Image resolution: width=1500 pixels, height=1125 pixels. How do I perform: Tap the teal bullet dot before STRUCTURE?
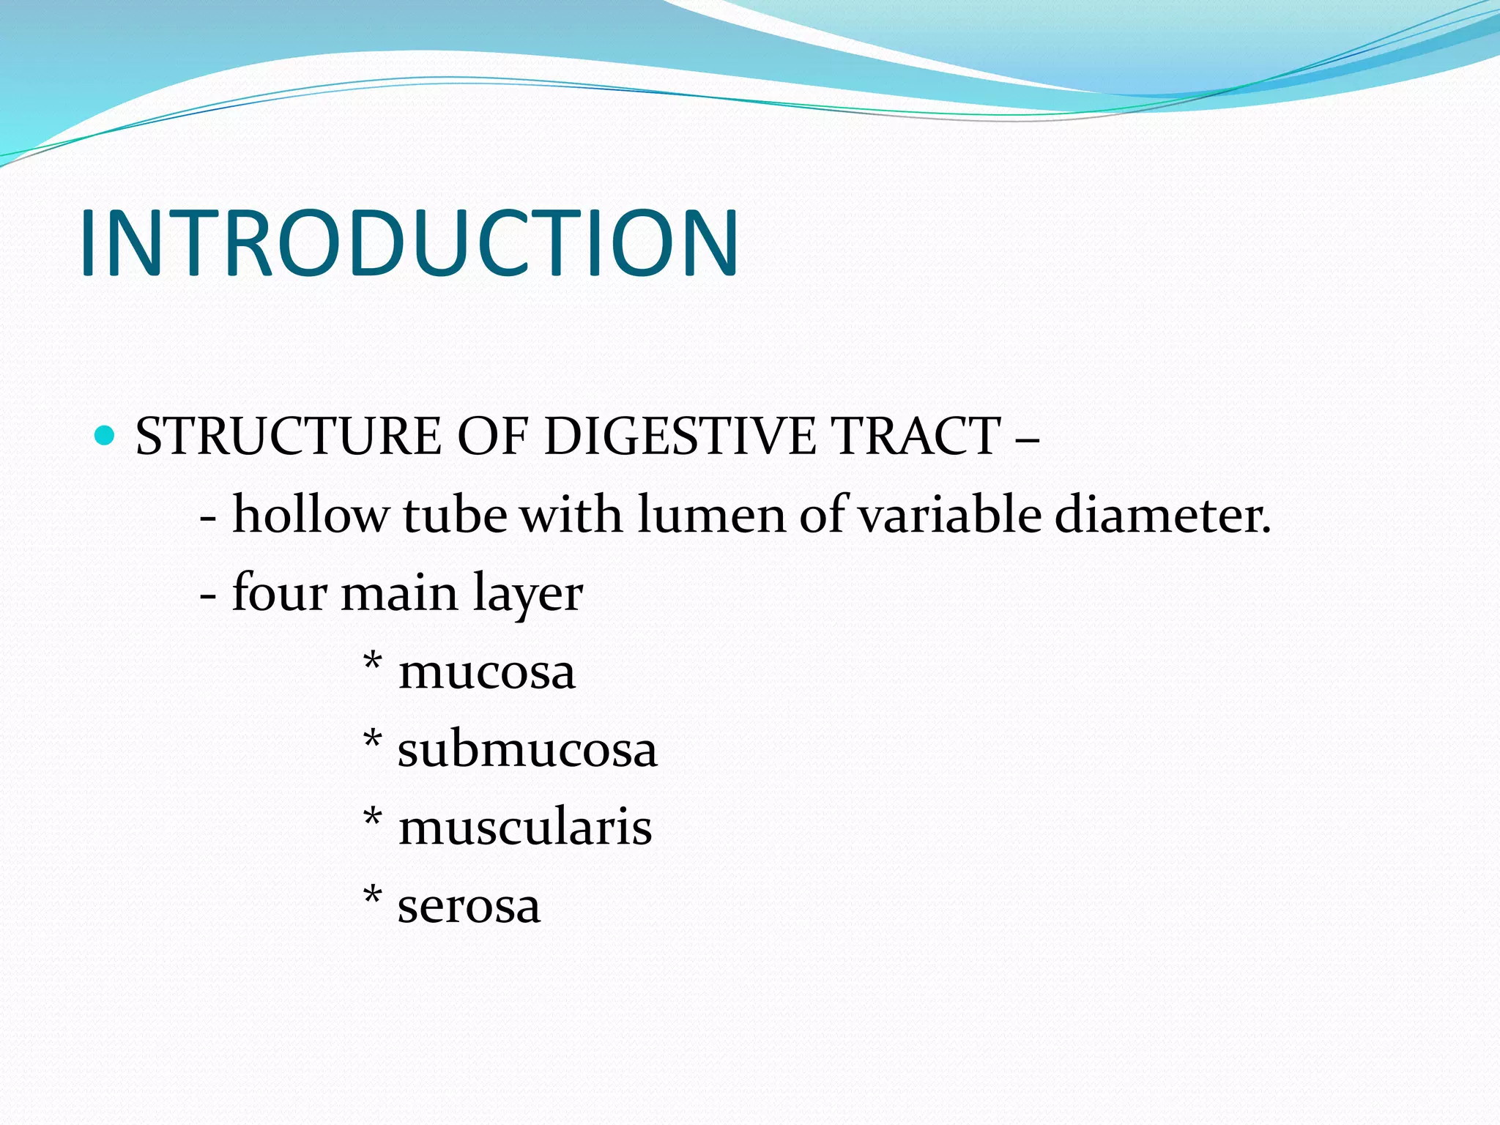[x=105, y=436]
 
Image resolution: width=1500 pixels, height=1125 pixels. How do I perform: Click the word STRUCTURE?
[x=288, y=437]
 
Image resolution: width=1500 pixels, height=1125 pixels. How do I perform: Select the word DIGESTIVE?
[x=679, y=437]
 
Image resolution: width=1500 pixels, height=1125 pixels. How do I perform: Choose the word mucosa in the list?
[x=486, y=672]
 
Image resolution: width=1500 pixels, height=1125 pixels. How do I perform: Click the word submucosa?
[x=527, y=749]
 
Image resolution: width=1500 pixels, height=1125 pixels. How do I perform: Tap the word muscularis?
[x=524, y=828]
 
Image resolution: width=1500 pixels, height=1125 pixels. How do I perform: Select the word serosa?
[x=469, y=906]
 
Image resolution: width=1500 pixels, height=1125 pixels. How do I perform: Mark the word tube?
[x=454, y=514]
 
